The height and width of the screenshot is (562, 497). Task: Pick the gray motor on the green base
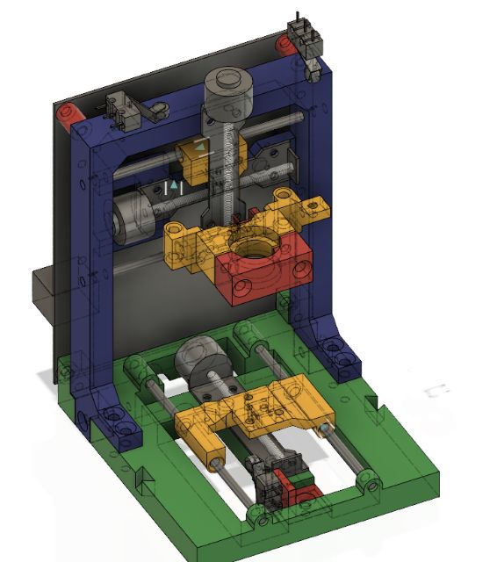tap(201, 359)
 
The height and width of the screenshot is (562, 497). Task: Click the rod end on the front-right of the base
tap(367, 481)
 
